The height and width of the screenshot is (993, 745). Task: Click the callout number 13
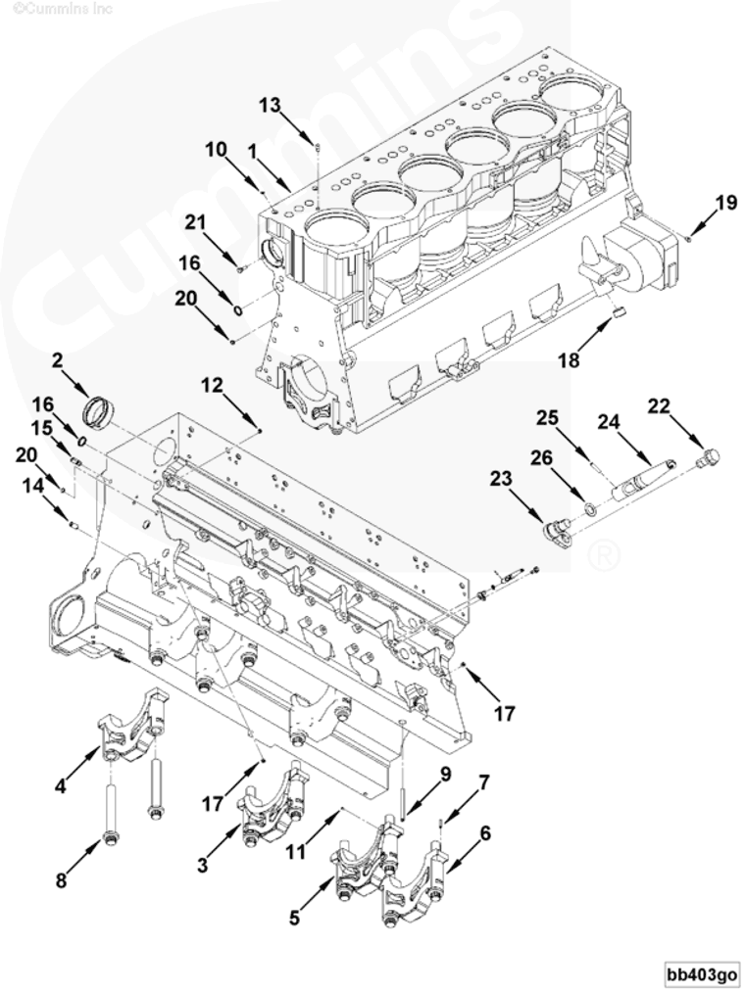(x=271, y=105)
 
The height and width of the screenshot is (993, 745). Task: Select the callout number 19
(x=725, y=203)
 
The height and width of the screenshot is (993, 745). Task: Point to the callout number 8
(x=61, y=880)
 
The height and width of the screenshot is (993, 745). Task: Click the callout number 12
(x=213, y=387)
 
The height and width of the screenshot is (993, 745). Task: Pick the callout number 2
(x=58, y=360)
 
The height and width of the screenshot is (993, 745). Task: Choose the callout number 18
(x=569, y=359)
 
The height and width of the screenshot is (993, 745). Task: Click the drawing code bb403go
(x=702, y=974)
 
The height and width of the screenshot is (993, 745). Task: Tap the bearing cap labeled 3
(x=271, y=808)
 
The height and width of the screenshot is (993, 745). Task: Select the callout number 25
(x=547, y=418)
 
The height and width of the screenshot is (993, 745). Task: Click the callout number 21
(x=197, y=222)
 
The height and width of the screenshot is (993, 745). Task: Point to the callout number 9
(x=445, y=774)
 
